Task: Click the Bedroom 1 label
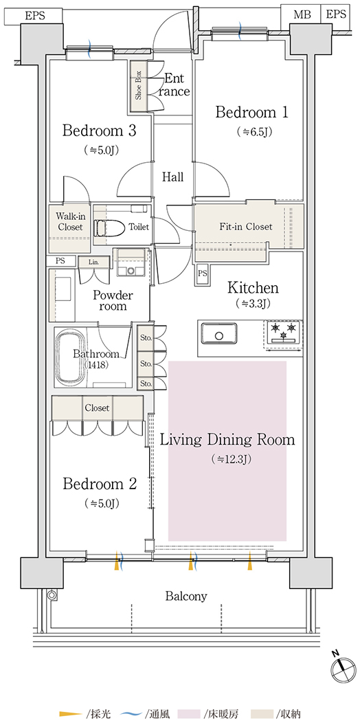[x=252, y=112]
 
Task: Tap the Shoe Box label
[x=138, y=86]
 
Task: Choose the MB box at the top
[x=301, y=14]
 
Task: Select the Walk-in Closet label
[x=69, y=222]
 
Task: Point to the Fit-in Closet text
[x=245, y=227]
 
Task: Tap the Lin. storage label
[x=94, y=262]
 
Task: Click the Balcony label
[x=186, y=596]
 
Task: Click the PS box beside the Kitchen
[x=202, y=272]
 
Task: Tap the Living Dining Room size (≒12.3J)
[x=227, y=460]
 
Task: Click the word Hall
[x=172, y=177]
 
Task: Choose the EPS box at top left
[x=35, y=15]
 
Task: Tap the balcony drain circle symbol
[x=52, y=594]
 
